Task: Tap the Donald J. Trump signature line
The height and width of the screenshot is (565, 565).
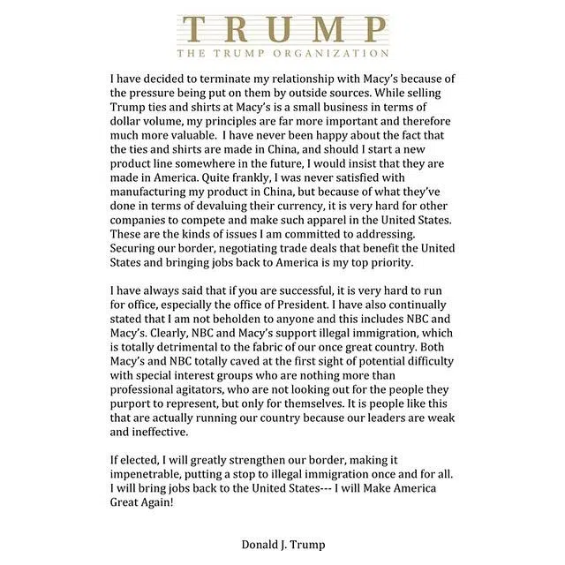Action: pos(282,545)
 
